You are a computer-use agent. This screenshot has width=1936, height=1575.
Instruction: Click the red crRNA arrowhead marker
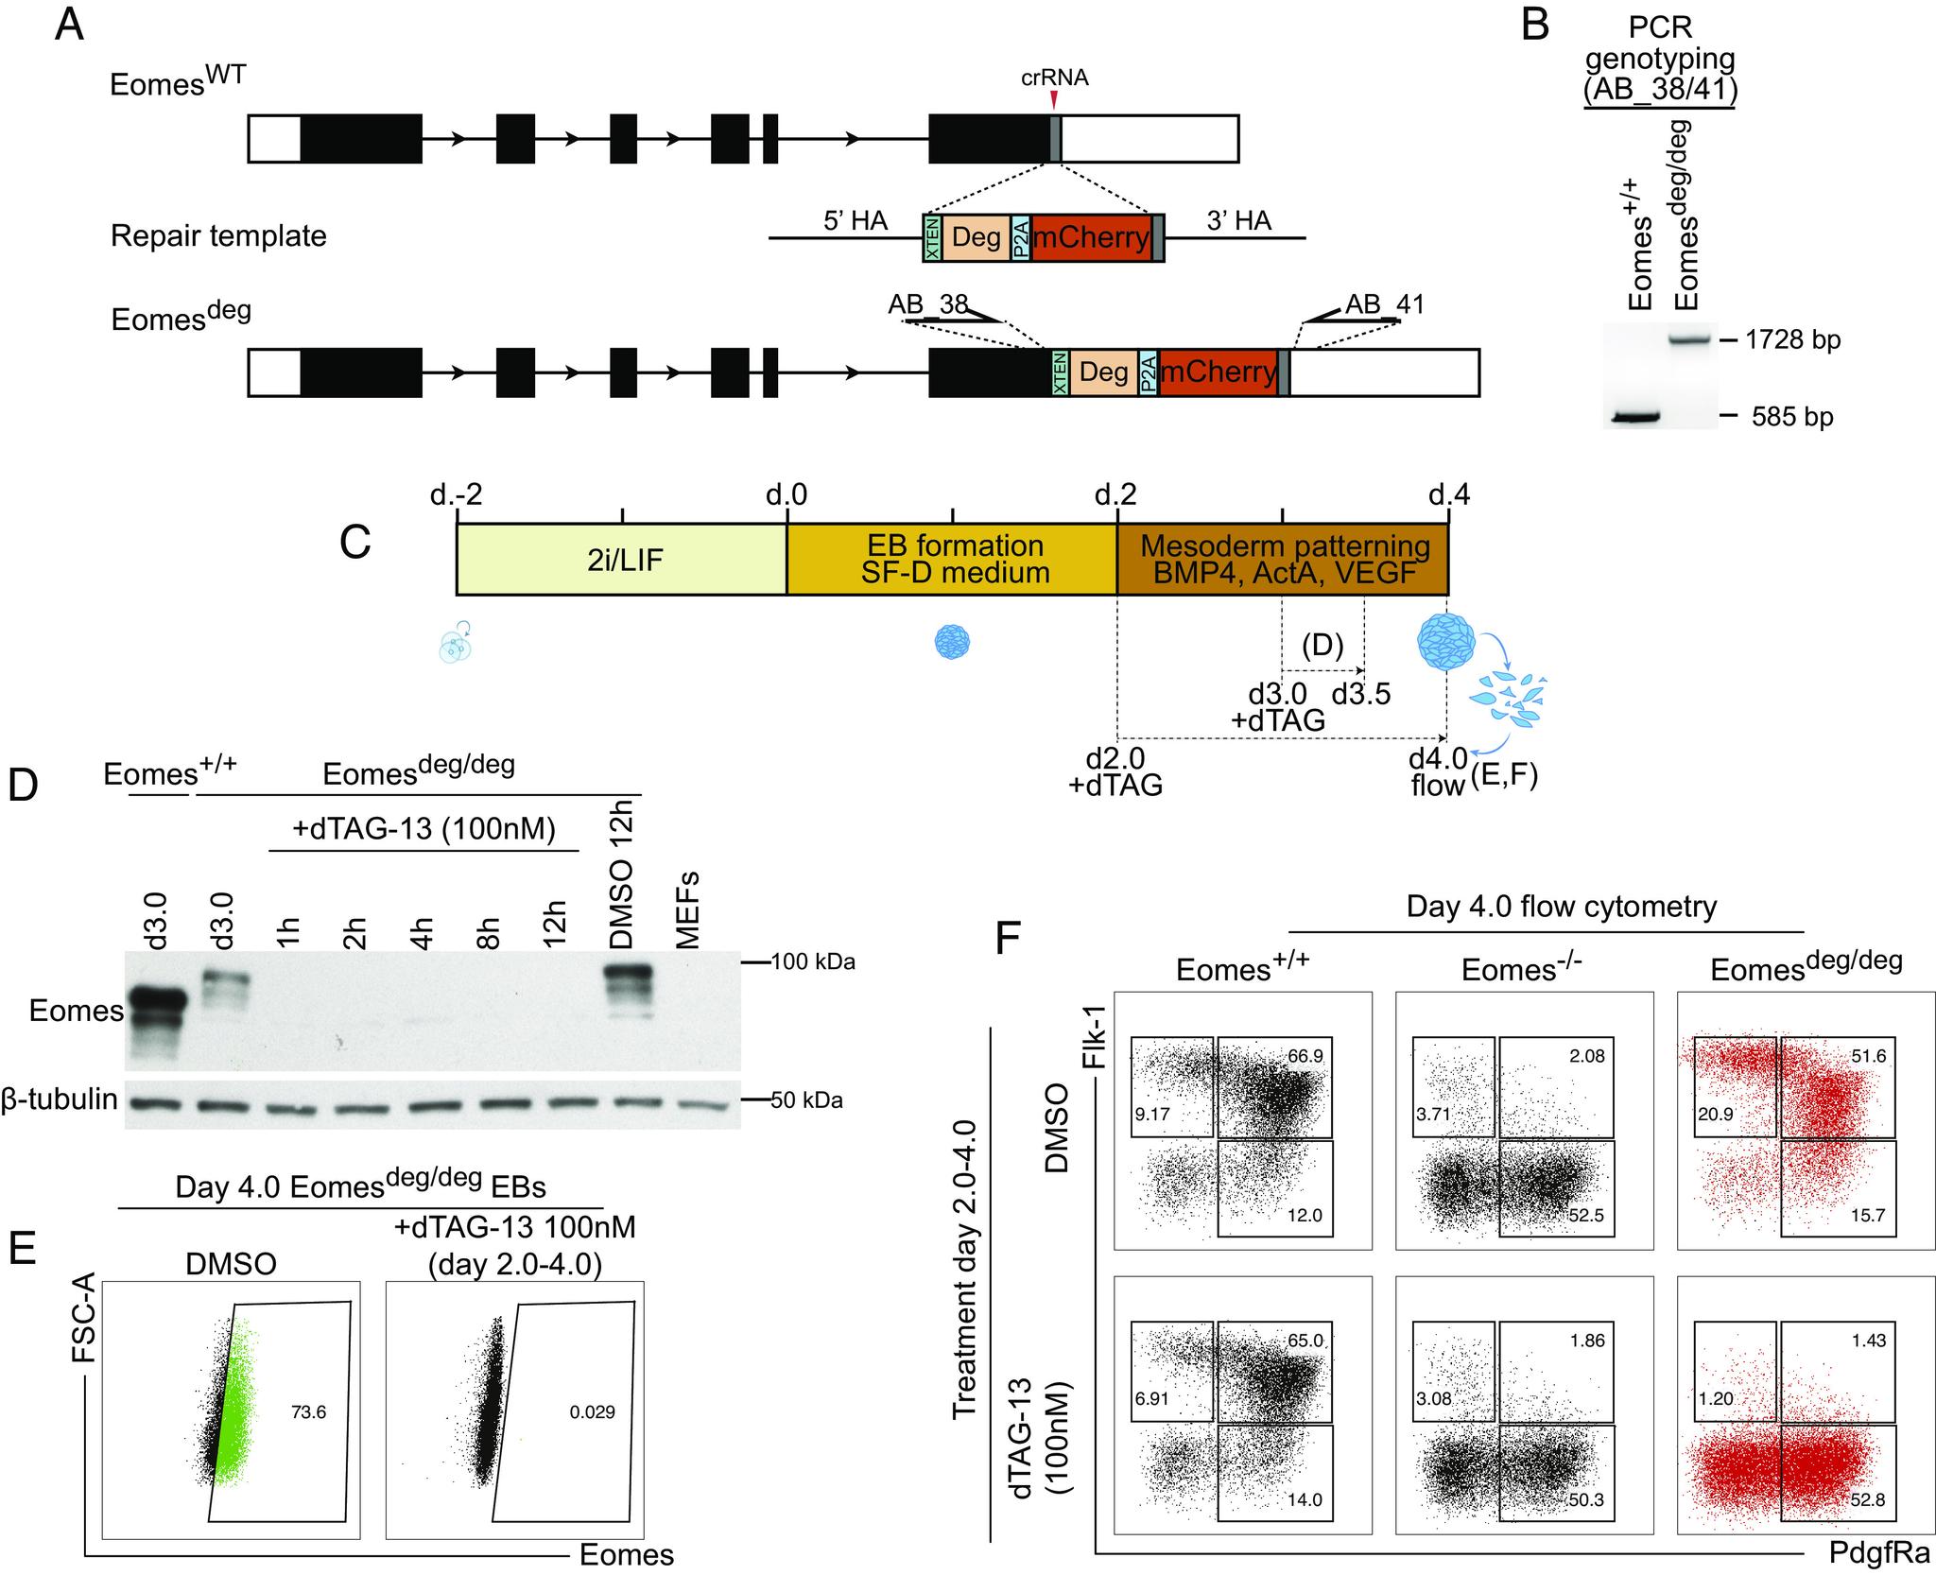(x=1055, y=98)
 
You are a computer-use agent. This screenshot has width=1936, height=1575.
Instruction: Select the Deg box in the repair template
(x=977, y=236)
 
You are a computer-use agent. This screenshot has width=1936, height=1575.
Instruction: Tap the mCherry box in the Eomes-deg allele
(x=1218, y=372)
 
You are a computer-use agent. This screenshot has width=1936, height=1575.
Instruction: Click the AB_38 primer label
(x=927, y=304)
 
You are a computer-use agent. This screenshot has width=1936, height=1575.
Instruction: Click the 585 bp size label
(x=1791, y=416)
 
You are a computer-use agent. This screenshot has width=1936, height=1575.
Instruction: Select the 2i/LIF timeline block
(x=621, y=560)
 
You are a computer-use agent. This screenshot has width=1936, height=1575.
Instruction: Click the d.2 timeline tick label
(x=1116, y=493)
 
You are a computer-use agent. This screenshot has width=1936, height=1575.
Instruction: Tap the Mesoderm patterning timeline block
(x=1283, y=560)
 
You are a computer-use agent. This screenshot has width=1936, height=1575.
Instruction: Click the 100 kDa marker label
(x=813, y=963)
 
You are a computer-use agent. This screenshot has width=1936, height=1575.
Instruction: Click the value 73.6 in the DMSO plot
(x=307, y=1412)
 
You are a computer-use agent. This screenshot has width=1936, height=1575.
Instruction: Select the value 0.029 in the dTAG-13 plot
(x=593, y=1412)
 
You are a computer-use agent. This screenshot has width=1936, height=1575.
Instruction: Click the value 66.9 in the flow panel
(x=1305, y=1056)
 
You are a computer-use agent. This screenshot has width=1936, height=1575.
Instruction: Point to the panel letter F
(x=1009, y=939)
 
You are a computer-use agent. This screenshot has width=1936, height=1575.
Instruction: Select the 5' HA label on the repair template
(x=856, y=221)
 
